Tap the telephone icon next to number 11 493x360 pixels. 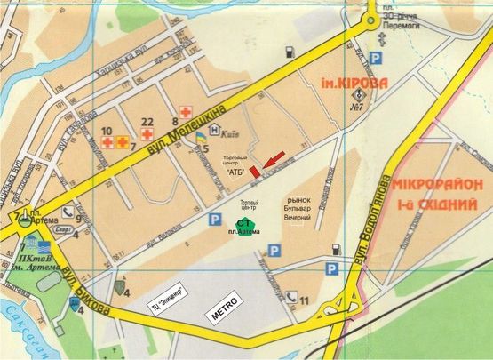(290, 300)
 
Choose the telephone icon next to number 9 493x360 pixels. (68, 212)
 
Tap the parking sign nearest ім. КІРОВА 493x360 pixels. (376, 58)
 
